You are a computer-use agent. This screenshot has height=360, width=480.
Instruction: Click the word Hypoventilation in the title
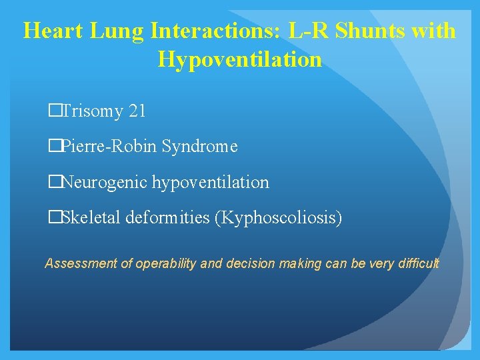point(240,60)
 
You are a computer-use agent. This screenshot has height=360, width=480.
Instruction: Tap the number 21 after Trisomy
point(137,111)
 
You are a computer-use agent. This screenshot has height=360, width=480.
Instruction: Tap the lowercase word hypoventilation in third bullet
point(211,182)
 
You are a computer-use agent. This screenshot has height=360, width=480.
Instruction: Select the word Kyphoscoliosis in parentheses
point(279,217)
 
